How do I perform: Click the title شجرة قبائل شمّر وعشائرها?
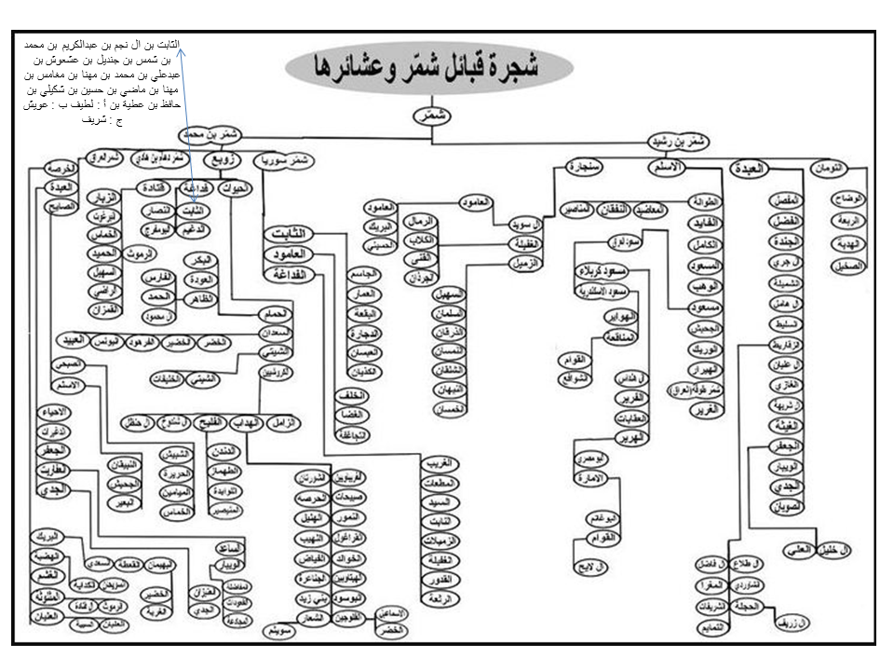[431, 66]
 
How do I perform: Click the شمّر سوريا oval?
[284, 160]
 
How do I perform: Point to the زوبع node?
[230, 160]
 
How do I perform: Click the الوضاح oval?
[852, 199]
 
